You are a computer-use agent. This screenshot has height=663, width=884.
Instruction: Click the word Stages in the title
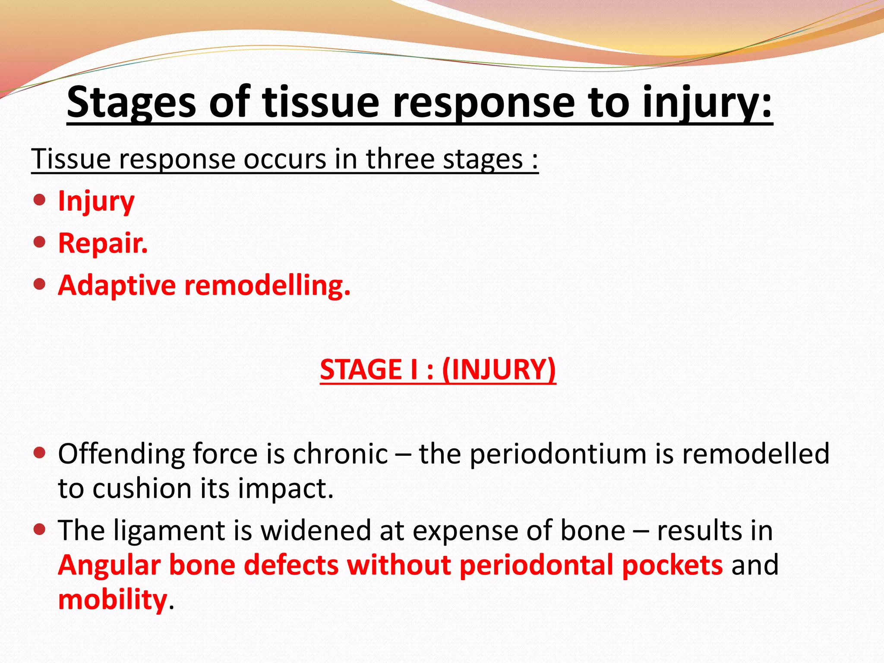pos(132,103)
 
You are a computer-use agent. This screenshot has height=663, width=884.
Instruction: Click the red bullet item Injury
pos(96,201)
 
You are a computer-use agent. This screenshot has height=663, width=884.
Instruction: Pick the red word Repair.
pos(103,243)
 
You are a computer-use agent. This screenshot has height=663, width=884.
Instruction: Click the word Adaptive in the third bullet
pos(117,285)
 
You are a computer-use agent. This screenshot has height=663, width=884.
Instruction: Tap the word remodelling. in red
pos(267,285)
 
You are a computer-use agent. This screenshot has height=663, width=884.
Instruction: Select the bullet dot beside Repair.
pos(39,242)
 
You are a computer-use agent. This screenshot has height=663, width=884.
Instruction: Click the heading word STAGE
pos(360,369)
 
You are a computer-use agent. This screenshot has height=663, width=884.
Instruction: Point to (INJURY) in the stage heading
pos(499,369)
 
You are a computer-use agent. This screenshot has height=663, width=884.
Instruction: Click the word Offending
pos(122,454)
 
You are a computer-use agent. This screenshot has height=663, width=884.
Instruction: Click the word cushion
pos(142,489)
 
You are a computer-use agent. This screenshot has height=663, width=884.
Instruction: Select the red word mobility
pos(112,600)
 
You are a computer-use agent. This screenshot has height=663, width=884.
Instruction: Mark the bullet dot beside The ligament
pos(39,529)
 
